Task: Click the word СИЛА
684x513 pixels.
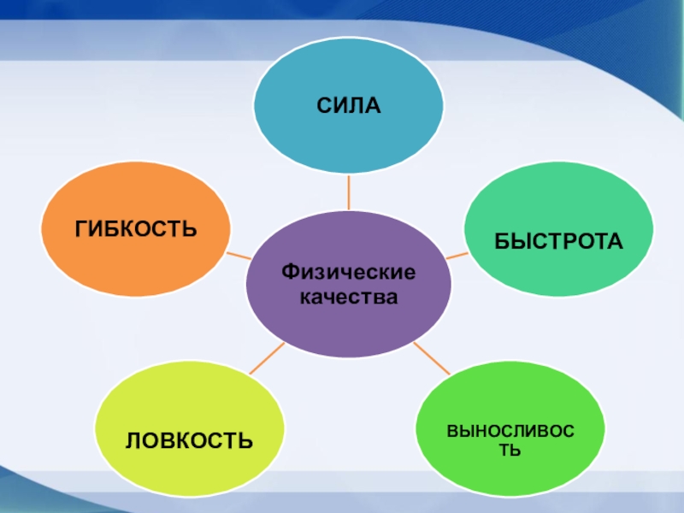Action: [348, 106]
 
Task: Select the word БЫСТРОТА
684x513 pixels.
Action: [558, 242]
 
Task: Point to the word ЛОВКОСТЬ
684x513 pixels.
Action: [189, 440]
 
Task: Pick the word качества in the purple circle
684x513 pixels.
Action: [348, 298]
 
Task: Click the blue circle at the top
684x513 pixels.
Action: [348, 137]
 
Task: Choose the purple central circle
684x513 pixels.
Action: [348, 325]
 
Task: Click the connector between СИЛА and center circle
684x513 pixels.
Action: [348, 192]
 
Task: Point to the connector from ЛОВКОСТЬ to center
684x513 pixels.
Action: [266, 358]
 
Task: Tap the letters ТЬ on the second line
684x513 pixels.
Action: [510, 449]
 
